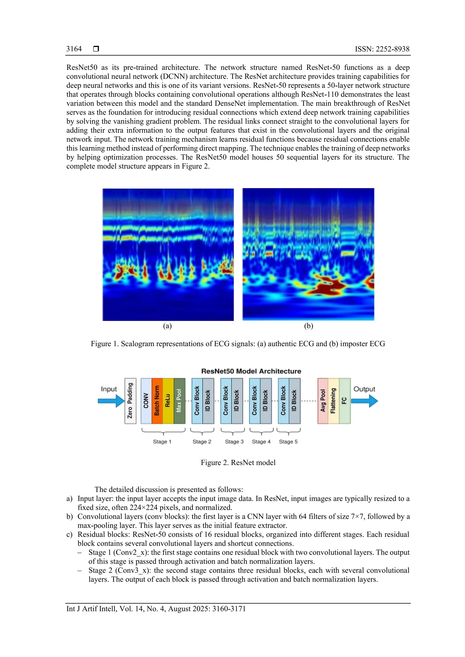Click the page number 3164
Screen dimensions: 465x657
click(x=74, y=49)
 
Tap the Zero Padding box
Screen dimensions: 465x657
click(x=130, y=401)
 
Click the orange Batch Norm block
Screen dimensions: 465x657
click(x=157, y=401)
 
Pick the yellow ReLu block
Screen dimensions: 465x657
click(x=168, y=401)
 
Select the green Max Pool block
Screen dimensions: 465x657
click(x=179, y=401)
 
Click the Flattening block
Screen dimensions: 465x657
click(x=333, y=401)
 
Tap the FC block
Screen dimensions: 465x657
click(x=345, y=401)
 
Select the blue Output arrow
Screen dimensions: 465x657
click(x=364, y=401)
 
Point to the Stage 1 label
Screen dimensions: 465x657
click(x=162, y=441)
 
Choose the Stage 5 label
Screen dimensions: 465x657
click(x=288, y=441)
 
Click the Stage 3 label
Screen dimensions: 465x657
click(x=234, y=441)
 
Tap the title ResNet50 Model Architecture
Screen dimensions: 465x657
click(x=251, y=371)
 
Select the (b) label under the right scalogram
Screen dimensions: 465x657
click(x=308, y=326)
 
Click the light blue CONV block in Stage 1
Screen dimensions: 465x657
click(x=146, y=401)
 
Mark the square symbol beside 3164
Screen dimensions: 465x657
click(x=96, y=49)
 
